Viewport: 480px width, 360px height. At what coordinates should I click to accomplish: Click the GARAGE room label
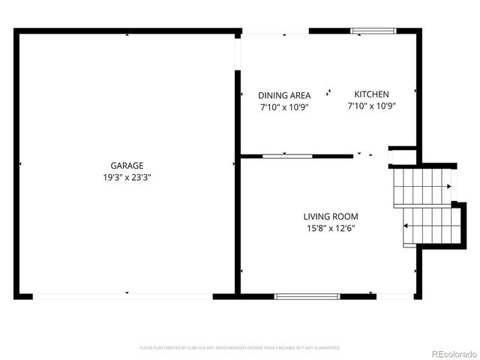[127, 165]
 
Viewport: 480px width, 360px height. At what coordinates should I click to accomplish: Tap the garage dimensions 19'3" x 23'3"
[127, 177]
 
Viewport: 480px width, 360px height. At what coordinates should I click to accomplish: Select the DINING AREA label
[284, 95]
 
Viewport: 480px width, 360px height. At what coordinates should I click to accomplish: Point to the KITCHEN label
[371, 94]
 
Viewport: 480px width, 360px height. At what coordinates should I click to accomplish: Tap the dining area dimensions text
[284, 107]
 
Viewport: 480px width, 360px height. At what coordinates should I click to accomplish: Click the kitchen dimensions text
[371, 106]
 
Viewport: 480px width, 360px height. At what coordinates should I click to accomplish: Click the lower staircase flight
[430, 225]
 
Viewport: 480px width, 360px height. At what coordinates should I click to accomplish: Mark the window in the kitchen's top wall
[373, 31]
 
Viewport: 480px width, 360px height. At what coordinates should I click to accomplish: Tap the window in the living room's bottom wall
[307, 296]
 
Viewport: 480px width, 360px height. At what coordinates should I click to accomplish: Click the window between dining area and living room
[287, 156]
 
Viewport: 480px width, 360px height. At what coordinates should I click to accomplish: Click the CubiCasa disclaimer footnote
[240, 348]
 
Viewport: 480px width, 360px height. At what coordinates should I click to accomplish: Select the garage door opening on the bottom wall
[124, 296]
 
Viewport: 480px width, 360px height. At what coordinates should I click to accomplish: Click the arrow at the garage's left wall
[20, 163]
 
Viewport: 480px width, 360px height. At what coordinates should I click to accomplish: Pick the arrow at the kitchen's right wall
[415, 91]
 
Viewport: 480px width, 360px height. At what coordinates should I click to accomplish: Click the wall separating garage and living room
[238, 225]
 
